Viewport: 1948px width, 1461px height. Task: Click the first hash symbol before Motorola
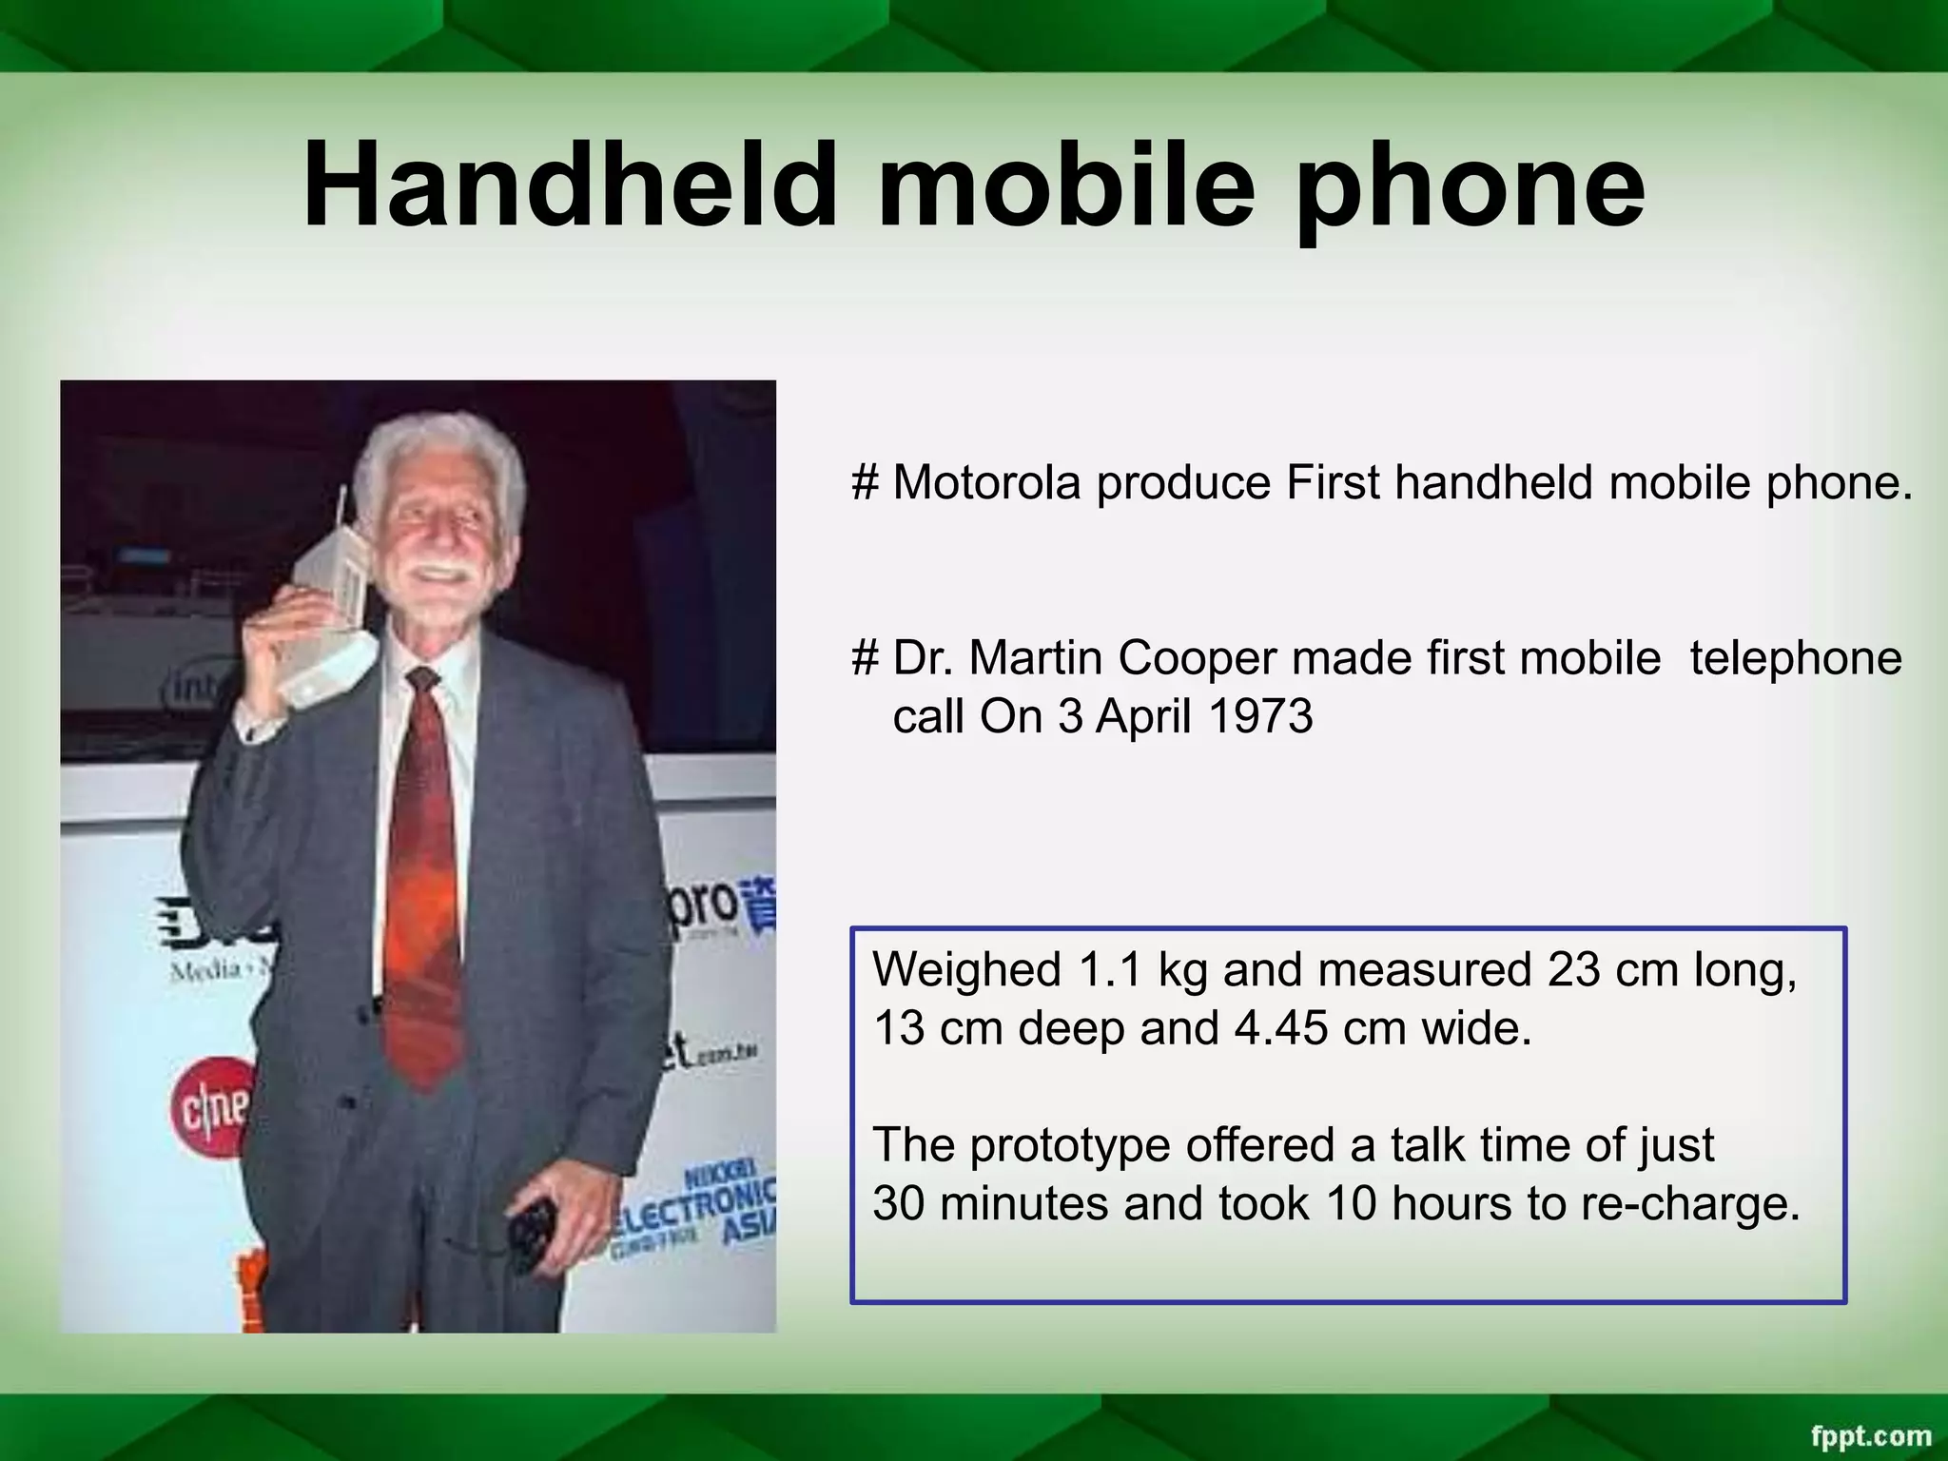(864, 483)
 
